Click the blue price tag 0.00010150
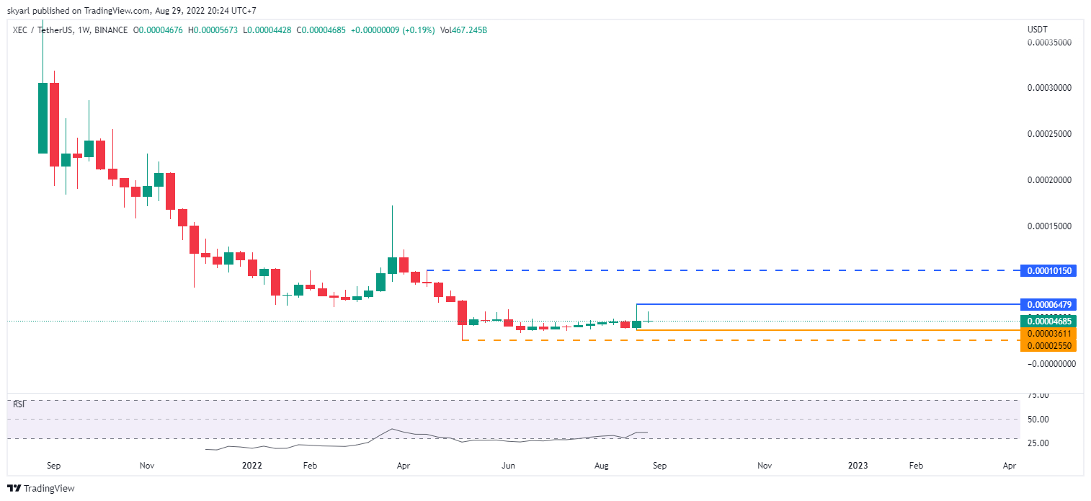point(1048,271)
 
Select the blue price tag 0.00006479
point(1048,305)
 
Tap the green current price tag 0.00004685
point(1048,321)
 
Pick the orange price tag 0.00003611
point(1048,333)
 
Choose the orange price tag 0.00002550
point(1048,345)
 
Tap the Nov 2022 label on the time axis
point(764,466)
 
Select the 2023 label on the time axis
point(858,466)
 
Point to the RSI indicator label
point(19,404)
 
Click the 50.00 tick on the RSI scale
point(1038,419)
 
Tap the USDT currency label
point(1037,30)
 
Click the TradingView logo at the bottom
point(41,488)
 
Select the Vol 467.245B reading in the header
point(463,30)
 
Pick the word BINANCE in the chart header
point(111,30)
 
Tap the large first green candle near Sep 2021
point(43,118)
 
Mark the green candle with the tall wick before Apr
point(392,265)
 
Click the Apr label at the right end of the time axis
point(1009,466)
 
